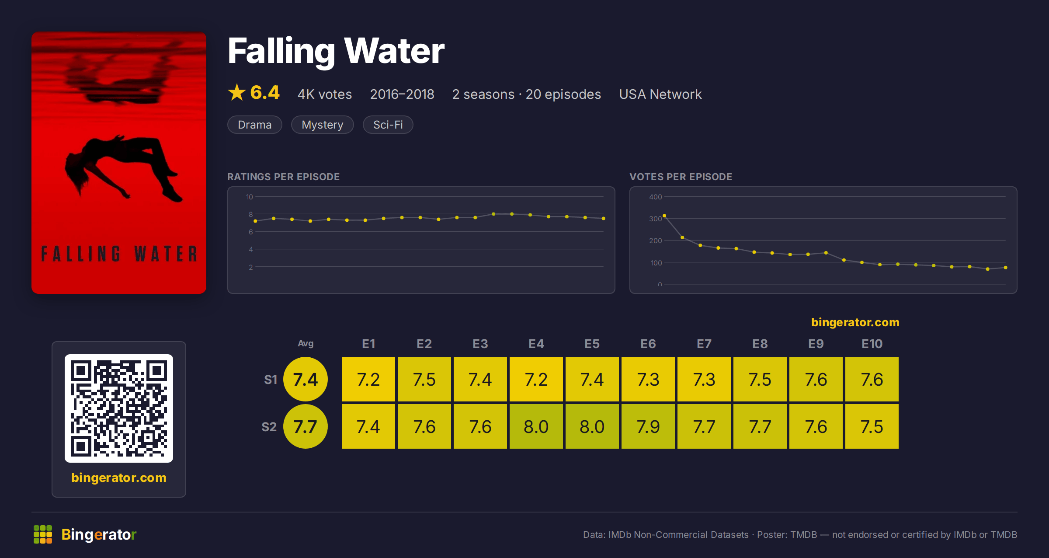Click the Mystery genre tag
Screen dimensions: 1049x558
(323, 125)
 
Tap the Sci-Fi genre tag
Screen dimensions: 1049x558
(388, 125)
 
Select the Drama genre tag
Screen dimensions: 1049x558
(255, 125)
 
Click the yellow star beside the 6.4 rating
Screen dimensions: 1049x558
(237, 92)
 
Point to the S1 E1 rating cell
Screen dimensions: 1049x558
(368, 379)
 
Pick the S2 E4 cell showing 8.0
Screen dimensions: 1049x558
(536, 426)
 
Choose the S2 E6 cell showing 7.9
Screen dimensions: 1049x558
(648, 426)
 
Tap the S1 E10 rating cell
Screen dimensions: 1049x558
(872, 379)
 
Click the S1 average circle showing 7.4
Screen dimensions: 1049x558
(306, 379)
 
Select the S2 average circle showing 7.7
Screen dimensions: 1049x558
(306, 426)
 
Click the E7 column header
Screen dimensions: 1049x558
(704, 344)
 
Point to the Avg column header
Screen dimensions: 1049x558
(306, 344)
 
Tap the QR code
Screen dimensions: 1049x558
(119, 408)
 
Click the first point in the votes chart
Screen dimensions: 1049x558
(664, 216)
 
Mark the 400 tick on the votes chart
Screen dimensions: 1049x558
(655, 197)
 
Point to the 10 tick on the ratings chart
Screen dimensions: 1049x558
(250, 197)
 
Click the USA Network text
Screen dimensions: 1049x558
(660, 94)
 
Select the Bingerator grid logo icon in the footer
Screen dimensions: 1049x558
(43, 534)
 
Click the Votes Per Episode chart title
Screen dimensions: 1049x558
(681, 177)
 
